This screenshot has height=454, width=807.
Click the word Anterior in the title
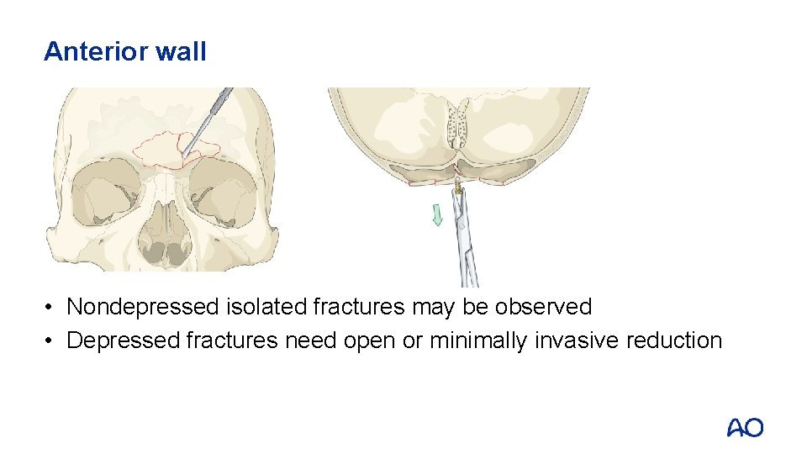pos(96,52)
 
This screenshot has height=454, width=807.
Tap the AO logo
pos(745,428)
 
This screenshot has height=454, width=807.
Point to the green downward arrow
pos(436,217)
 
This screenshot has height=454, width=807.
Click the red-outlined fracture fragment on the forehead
pos(161,150)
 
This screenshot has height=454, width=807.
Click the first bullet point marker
pos(51,308)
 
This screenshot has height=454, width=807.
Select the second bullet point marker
pos(51,341)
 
